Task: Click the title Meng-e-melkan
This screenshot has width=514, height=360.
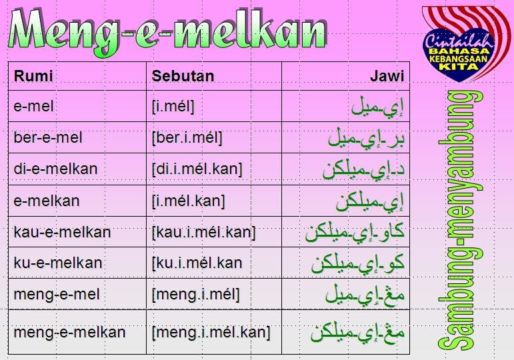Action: pyautogui.click(x=168, y=32)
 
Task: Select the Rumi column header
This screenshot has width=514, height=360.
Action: pyautogui.click(x=33, y=76)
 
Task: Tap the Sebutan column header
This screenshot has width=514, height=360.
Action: pyautogui.click(x=183, y=76)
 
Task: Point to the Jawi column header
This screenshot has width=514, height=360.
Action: pyautogui.click(x=387, y=76)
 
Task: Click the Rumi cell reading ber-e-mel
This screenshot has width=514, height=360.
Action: pyautogui.click(x=48, y=137)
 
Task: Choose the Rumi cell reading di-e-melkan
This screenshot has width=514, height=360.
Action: pyautogui.click(x=55, y=169)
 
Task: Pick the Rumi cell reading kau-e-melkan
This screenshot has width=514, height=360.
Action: pyautogui.click(x=62, y=232)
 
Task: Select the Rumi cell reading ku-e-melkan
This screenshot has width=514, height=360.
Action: pyautogui.click(x=58, y=263)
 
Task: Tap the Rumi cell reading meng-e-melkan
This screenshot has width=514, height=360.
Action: pyautogui.click(x=69, y=332)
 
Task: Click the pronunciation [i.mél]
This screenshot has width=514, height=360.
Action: pyautogui.click(x=173, y=107)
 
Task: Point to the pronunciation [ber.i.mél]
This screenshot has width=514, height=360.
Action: pyautogui.click(x=187, y=138)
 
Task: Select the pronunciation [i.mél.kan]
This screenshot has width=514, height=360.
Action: pyautogui.click(x=189, y=201)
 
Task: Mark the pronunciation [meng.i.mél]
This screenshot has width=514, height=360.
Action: pyautogui.click(x=196, y=295)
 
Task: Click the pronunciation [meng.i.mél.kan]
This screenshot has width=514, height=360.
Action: pyautogui.click(x=211, y=333)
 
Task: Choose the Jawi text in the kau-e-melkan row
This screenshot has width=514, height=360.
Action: pyautogui.click(x=355, y=233)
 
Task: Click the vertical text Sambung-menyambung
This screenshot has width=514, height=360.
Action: pyautogui.click(x=460, y=220)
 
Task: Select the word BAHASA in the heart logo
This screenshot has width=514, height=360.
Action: pyautogui.click(x=459, y=51)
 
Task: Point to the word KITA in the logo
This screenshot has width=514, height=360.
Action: pyautogui.click(x=459, y=66)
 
